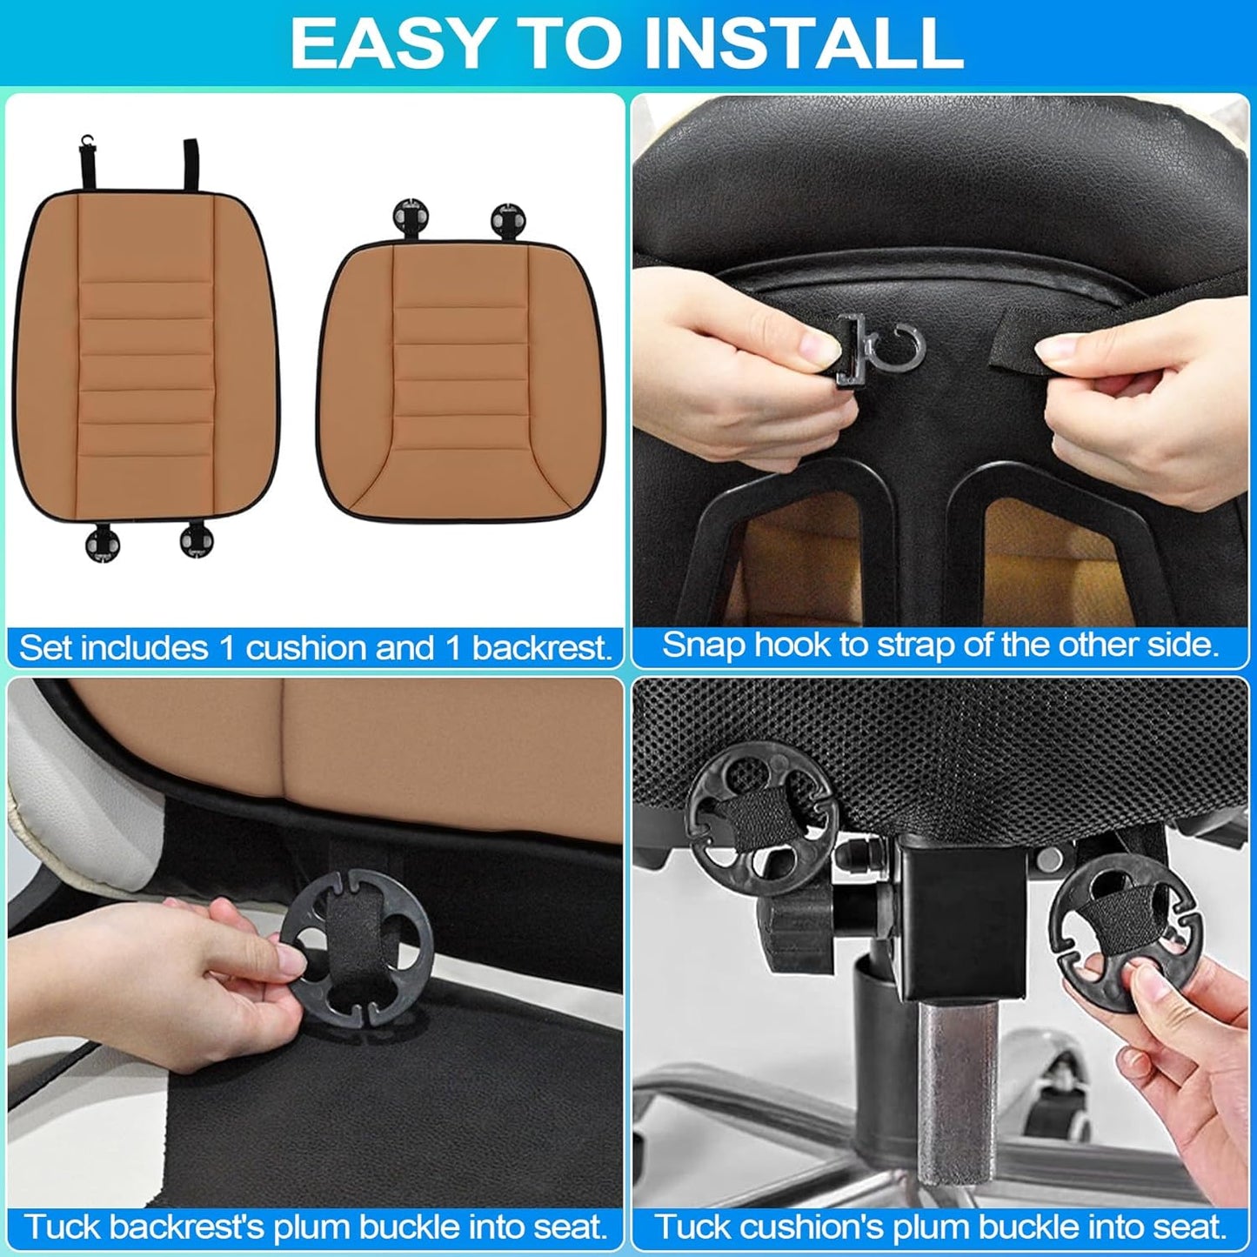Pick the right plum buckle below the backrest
[196, 538]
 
